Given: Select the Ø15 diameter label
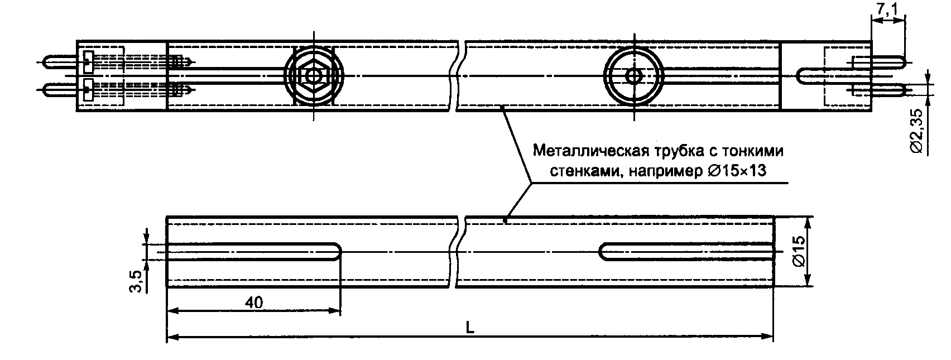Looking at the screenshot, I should (798, 251).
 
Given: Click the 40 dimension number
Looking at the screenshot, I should (254, 302).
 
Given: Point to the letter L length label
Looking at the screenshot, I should (470, 329).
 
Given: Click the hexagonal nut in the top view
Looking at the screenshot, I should (314, 75).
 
